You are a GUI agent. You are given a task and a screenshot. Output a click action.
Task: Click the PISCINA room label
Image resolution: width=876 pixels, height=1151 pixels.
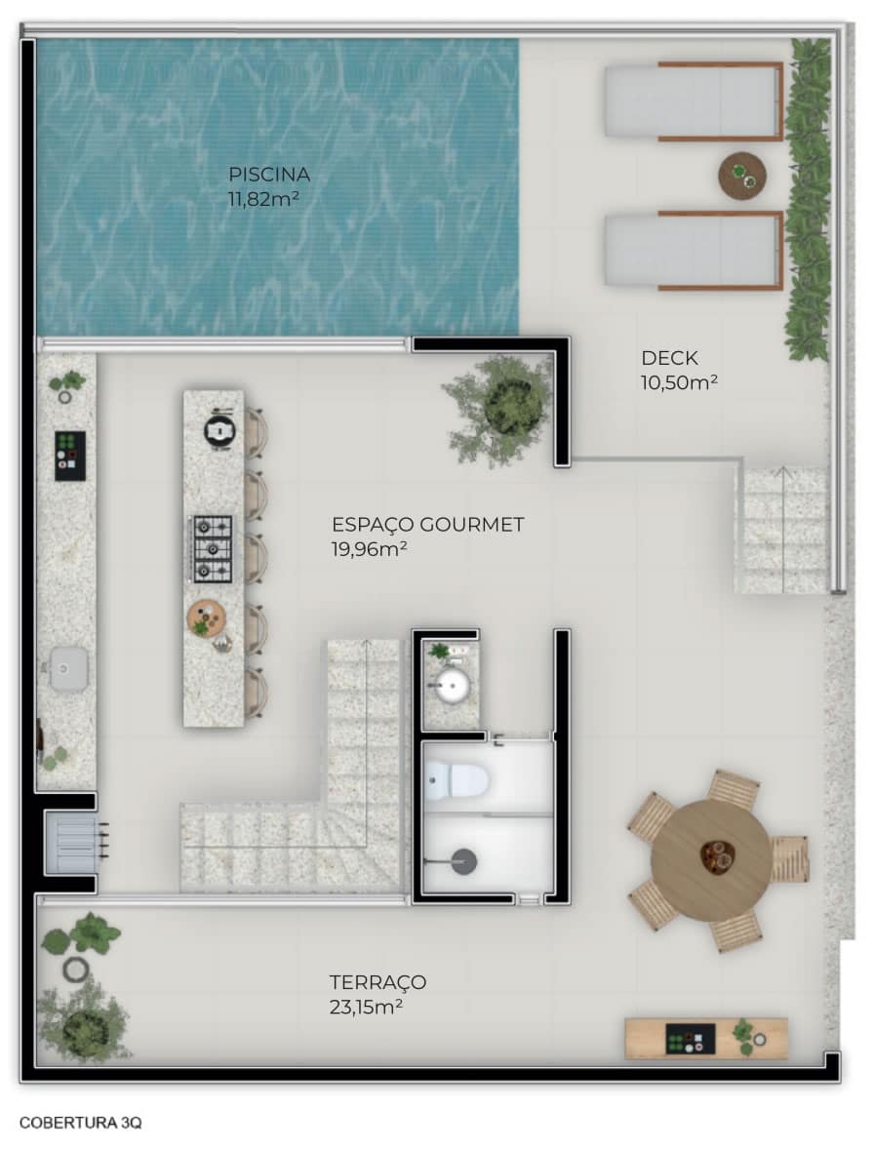click(x=268, y=175)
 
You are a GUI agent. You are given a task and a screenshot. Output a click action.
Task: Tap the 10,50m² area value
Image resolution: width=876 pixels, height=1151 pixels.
click(x=679, y=382)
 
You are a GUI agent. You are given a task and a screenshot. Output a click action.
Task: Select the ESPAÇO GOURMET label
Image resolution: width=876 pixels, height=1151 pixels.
click(x=427, y=525)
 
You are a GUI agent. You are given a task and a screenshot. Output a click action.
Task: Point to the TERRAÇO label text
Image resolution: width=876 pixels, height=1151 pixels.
click(x=378, y=982)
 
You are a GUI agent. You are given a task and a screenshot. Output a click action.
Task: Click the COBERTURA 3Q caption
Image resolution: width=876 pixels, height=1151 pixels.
click(x=80, y=1123)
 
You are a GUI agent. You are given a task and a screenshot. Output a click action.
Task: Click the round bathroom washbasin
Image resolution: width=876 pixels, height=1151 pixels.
click(x=452, y=688)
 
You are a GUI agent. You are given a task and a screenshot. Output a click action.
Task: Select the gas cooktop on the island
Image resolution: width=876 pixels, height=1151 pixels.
click(x=213, y=548)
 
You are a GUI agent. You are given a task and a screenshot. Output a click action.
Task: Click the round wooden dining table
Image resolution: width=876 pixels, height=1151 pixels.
click(x=710, y=859)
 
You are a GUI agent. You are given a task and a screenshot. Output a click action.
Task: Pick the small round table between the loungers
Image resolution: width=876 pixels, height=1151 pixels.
click(x=741, y=176)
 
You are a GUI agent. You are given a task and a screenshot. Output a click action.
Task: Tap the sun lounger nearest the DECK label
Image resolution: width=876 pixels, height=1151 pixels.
click(x=694, y=251)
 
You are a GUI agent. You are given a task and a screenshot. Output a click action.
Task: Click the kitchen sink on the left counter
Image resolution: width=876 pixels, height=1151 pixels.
click(x=68, y=669)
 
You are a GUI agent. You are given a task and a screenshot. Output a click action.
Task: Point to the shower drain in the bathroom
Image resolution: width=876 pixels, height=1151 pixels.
click(x=463, y=861)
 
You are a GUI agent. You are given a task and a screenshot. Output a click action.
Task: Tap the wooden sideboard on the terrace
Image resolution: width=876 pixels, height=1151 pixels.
click(x=705, y=1038)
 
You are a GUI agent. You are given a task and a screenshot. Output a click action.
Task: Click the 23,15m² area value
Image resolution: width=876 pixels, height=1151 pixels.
click(x=366, y=1007)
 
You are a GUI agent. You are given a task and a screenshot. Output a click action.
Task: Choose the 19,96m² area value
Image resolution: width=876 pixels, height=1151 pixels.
click(x=370, y=550)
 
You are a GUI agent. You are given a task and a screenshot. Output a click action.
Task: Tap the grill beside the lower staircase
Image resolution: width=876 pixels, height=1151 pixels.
click(x=73, y=843)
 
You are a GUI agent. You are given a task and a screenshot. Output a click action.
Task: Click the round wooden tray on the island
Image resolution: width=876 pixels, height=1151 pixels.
click(x=207, y=617)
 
